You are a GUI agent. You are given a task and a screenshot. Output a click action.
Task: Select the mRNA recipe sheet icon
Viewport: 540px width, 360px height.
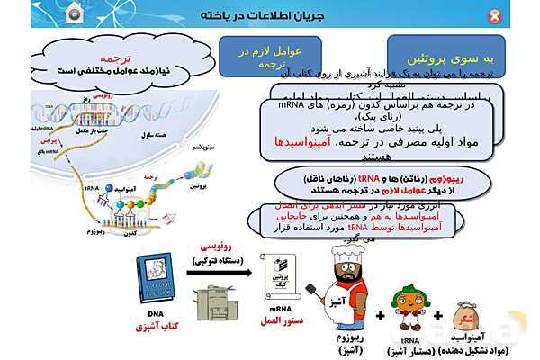pyautogui.click(x=277, y=276)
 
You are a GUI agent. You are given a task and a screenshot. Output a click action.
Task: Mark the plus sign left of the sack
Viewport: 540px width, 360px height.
pyautogui.click(x=439, y=316)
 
